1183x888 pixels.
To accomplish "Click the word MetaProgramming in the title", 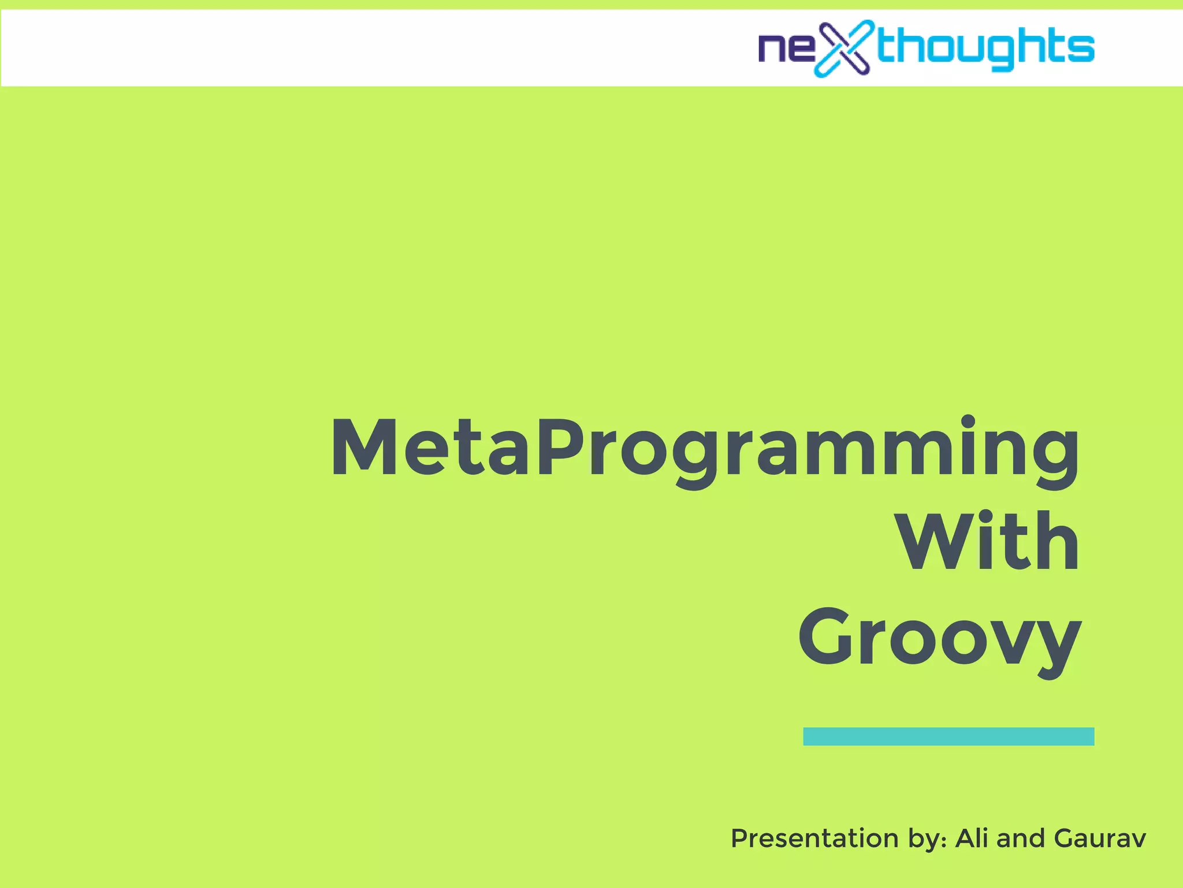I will (x=704, y=448).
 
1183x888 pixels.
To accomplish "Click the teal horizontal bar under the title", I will (x=948, y=736).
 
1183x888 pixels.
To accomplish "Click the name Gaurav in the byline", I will (x=1099, y=838).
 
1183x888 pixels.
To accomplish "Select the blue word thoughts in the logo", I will (x=985, y=47).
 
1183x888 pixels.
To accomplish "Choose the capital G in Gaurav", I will (x=1065, y=838).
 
